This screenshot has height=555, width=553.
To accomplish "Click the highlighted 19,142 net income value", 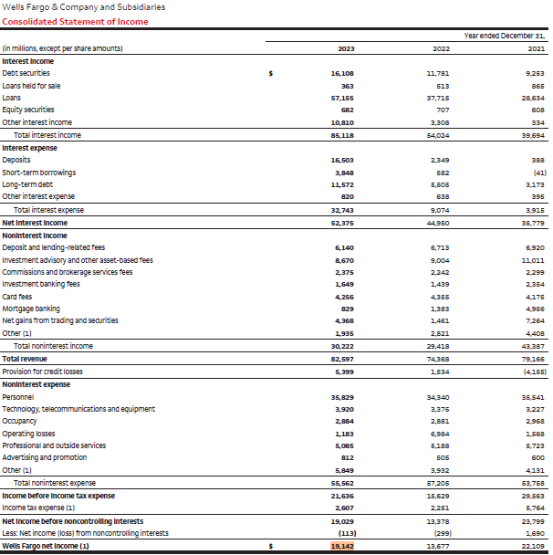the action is [x=342, y=546].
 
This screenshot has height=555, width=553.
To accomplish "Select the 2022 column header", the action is [x=441, y=49].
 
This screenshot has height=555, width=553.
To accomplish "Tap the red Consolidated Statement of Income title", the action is [x=75, y=22].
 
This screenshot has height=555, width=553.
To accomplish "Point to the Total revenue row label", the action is [x=25, y=359].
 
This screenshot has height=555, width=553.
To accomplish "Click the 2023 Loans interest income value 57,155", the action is [x=342, y=98].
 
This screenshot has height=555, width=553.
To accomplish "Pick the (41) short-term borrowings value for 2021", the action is [x=539, y=173].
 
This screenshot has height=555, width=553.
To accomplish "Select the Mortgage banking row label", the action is [x=31, y=309].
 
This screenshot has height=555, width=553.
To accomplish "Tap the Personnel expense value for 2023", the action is [x=342, y=397].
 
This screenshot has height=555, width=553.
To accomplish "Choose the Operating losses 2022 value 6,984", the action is [x=440, y=434].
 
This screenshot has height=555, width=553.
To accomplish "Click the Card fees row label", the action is [x=17, y=297].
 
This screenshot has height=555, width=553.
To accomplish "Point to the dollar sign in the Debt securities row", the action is [x=271, y=74].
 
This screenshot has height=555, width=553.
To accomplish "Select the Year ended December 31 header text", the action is [x=504, y=36].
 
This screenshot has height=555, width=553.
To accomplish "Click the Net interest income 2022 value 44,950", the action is [x=438, y=224].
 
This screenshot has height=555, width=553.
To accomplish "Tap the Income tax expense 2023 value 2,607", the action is [x=344, y=508].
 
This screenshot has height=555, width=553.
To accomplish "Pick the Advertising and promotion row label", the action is [x=44, y=457].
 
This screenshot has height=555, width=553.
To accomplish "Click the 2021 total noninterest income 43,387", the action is [x=533, y=347].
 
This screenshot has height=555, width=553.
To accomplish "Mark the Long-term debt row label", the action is [x=27, y=184].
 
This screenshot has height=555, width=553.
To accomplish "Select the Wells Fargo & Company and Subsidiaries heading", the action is [x=84, y=7].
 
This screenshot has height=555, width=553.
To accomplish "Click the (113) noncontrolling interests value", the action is [x=347, y=533].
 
